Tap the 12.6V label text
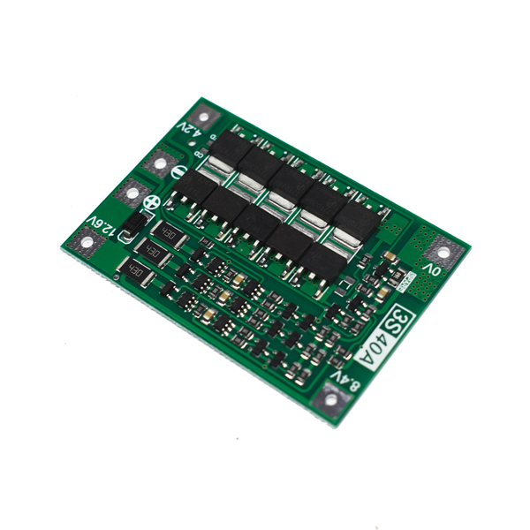click(x=102, y=227)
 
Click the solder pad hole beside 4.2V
click(x=203, y=115)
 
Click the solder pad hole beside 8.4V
click(x=330, y=399)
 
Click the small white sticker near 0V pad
click(x=407, y=282)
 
